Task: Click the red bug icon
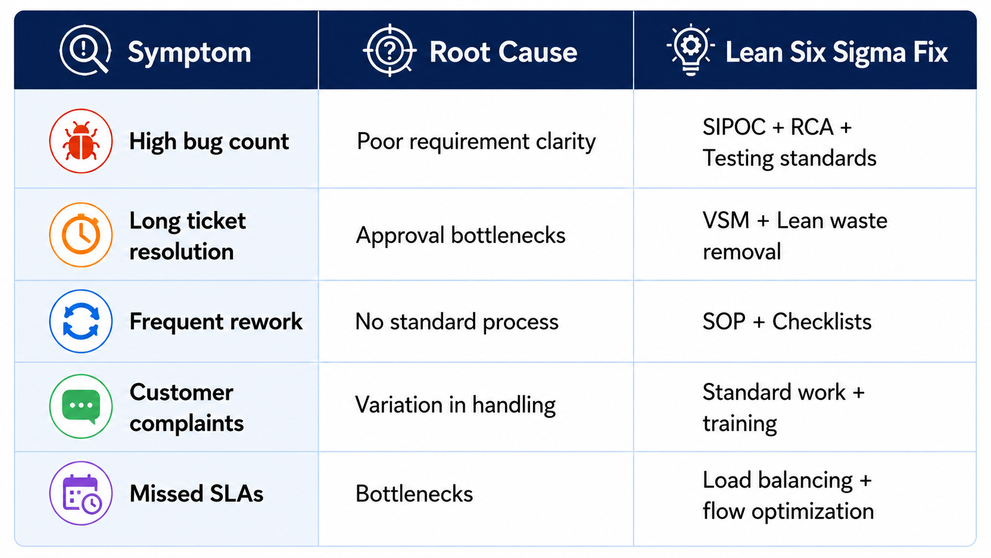click(81, 141)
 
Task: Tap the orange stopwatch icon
click(81, 235)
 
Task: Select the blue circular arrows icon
click(81, 321)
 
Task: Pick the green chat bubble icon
click(81, 406)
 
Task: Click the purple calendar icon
click(81, 493)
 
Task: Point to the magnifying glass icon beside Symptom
click(85, 50)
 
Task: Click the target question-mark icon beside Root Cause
click(389, 50)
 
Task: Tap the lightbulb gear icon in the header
click(690, 50)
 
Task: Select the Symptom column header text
click(189, 52)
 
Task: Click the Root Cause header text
click(503, 52)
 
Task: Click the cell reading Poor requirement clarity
click(476, 142)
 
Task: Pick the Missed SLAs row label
click(196, 493)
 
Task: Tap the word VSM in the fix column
click(726, 221)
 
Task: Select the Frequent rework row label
click(216, 321)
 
